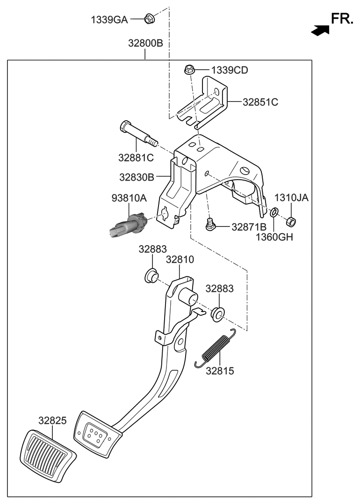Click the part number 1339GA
coord(109,20)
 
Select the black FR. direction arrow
coord(320,30)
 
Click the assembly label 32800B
coord(145,44)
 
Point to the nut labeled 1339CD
coord(189,70)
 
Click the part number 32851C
coord(260,102)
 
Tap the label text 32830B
coord(136,177)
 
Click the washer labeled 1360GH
coord(275,213)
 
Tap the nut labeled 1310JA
coord(290,220)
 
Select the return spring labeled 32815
coord(216,349)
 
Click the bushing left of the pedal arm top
coord(151,277)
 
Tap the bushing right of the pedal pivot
coord(217,314)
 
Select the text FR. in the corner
coord(342,19)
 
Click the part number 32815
coord(220,371)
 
